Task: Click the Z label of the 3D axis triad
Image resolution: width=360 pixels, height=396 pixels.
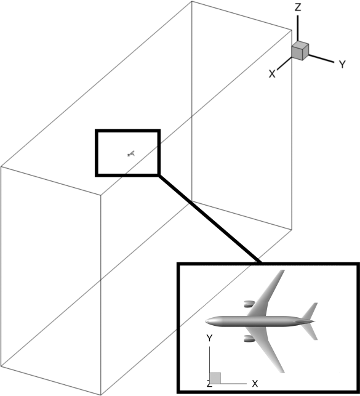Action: point(298,7)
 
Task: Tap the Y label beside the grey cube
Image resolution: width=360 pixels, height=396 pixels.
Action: point(342,65)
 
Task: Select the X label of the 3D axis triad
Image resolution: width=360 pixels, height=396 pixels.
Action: point(272,74)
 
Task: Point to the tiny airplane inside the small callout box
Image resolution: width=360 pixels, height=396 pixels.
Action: point(131,153)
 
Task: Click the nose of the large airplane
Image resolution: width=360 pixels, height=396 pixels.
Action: point(206,321)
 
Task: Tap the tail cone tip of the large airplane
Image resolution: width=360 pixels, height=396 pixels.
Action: point(314,321)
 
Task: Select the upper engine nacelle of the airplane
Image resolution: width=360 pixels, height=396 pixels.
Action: point(249,304)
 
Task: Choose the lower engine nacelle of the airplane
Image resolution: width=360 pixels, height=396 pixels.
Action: point(249,339)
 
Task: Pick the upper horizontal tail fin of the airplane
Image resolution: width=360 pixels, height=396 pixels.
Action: point(311,311)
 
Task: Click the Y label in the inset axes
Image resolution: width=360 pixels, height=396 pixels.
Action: point(209,338)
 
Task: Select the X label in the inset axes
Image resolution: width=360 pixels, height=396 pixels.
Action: point(255,384)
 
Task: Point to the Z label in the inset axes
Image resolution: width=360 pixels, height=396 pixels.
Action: point(209,385)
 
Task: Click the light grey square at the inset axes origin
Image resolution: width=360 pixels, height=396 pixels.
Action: point(215,378)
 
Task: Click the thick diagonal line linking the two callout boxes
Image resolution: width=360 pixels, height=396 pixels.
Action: point(210,219)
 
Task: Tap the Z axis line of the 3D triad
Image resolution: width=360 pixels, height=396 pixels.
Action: point(298,28)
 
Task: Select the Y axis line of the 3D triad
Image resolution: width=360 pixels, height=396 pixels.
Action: point(321,59)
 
